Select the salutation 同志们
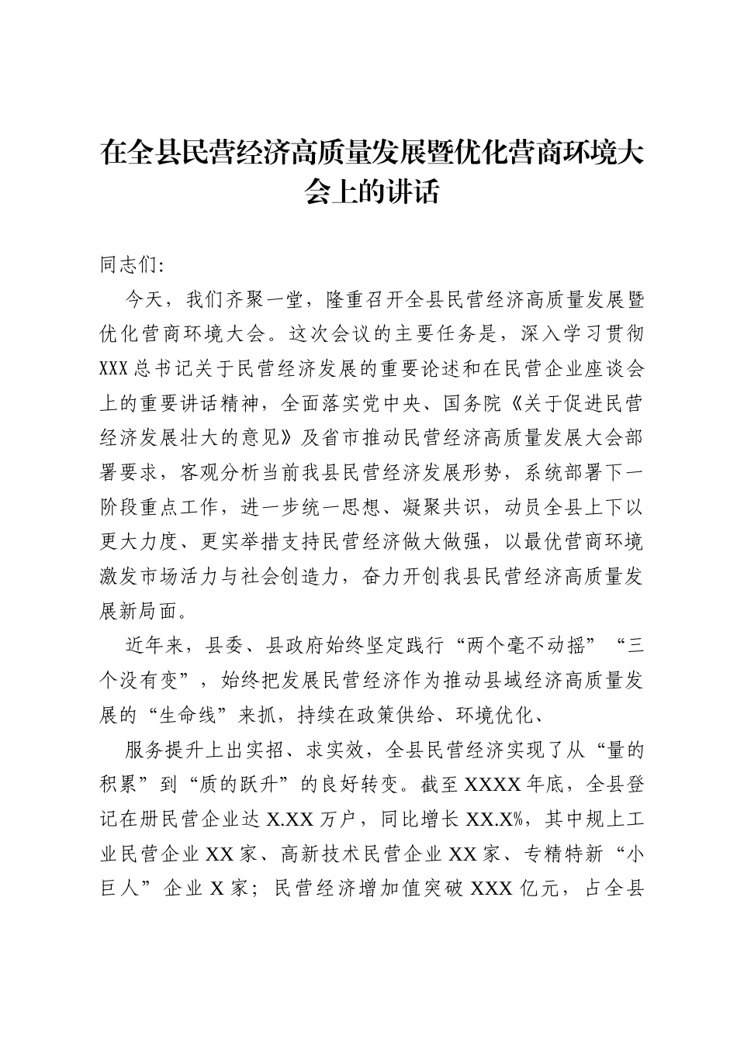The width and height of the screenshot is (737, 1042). [x=129, y=265]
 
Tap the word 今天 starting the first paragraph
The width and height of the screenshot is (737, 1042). [x=143, y=299]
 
